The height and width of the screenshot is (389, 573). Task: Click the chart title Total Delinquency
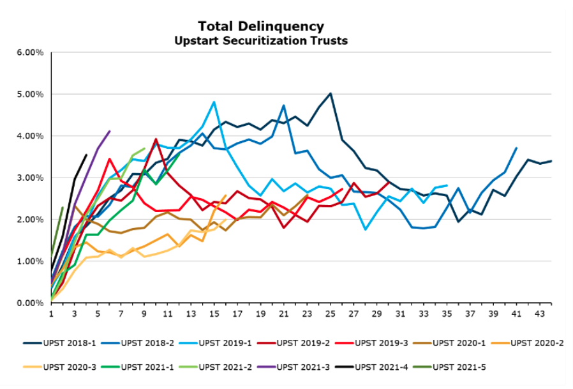260,26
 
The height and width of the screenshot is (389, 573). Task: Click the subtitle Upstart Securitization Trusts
260,40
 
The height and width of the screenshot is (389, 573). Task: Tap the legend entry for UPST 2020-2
536,343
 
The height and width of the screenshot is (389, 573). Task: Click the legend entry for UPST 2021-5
457,367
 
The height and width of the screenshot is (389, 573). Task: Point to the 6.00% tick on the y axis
30,52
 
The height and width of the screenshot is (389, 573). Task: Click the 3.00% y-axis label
30,178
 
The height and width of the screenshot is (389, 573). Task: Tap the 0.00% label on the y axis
30,303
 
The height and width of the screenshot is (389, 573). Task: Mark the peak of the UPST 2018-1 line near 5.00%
330,93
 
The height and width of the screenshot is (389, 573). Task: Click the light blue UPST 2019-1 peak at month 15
214,102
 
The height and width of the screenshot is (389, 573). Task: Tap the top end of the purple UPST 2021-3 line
110,131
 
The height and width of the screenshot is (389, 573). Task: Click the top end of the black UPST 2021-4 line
86,155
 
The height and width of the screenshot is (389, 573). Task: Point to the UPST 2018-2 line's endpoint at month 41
516,148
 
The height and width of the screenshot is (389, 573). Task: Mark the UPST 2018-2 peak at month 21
283,105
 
